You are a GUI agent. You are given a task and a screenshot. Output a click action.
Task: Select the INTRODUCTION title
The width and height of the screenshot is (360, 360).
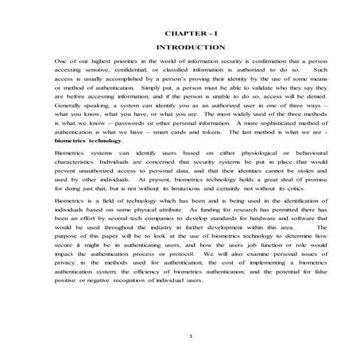(x=180, y=48)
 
